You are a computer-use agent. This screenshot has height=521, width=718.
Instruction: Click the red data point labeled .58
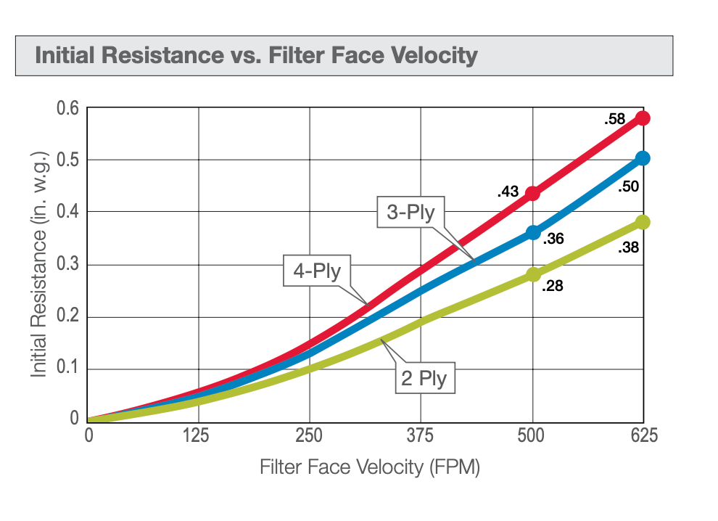tap(643, 118)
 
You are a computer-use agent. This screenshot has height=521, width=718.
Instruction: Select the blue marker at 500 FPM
tap(533, 232)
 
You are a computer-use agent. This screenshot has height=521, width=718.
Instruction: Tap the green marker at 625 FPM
tap(643, 222)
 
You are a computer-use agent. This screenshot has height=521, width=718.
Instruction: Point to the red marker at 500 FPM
tap(533, 193)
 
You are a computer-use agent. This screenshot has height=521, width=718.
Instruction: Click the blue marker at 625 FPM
tap(643, 158)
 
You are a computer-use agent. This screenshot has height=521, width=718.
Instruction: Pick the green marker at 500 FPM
tap(533, 274)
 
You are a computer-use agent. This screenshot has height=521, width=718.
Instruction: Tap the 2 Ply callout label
tap(425, 377)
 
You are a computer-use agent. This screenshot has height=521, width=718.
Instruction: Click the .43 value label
tap(508, 192)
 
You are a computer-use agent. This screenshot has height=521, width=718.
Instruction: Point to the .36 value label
tap(553, 238)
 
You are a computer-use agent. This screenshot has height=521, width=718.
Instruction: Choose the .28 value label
tap(553, 286)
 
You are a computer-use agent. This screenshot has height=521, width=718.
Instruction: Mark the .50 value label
tap(628, 187)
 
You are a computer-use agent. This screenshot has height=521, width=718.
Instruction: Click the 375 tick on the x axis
tap(421, 435)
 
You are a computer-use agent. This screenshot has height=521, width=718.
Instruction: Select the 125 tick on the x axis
tap(198, 435)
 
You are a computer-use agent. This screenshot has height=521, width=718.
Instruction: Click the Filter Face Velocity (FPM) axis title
tap(370, 467)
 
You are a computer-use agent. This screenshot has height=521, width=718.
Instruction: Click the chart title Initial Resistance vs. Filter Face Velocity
tap(256, 55)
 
